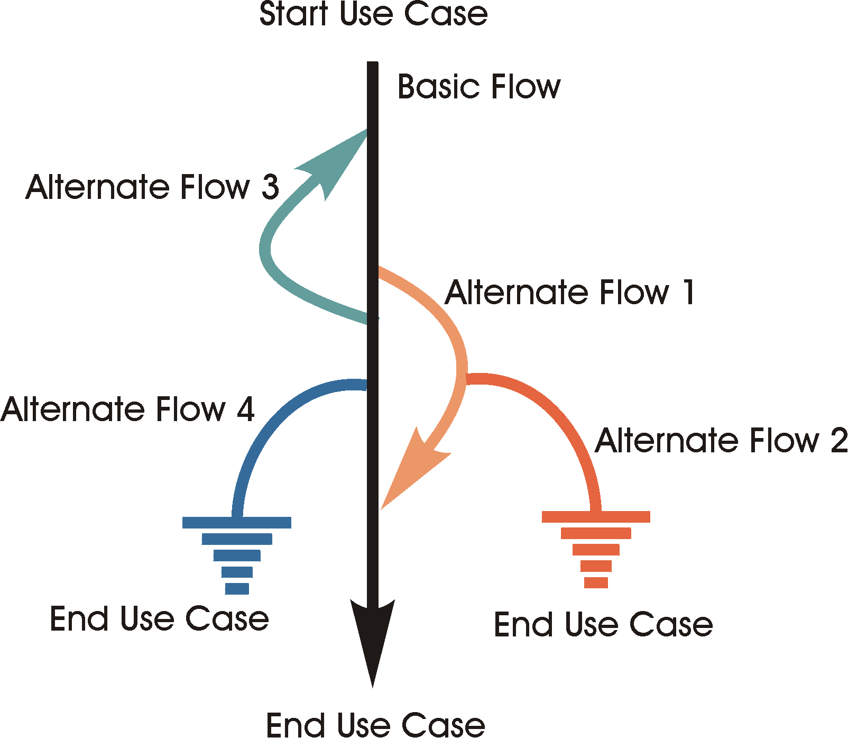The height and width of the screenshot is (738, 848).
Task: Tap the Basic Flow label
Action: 478,87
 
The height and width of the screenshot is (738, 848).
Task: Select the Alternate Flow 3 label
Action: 152,187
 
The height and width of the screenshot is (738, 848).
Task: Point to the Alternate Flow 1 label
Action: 569,293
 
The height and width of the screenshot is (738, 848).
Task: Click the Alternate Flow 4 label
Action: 127,409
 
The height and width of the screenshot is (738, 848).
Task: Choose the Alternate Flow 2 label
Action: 721,441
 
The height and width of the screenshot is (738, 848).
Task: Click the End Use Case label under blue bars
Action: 159,619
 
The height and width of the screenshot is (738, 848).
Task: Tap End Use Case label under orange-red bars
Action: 603,625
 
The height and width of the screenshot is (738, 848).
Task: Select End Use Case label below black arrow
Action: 375,725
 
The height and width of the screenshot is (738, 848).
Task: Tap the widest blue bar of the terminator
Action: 236,523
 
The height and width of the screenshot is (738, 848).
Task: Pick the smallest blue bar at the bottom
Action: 237,588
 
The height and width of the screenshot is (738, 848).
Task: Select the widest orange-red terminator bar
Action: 596,517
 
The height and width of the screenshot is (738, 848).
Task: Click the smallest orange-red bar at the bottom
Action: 596,582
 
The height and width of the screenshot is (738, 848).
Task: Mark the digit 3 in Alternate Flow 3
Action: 270,187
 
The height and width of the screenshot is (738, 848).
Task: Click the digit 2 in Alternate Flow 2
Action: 838,441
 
